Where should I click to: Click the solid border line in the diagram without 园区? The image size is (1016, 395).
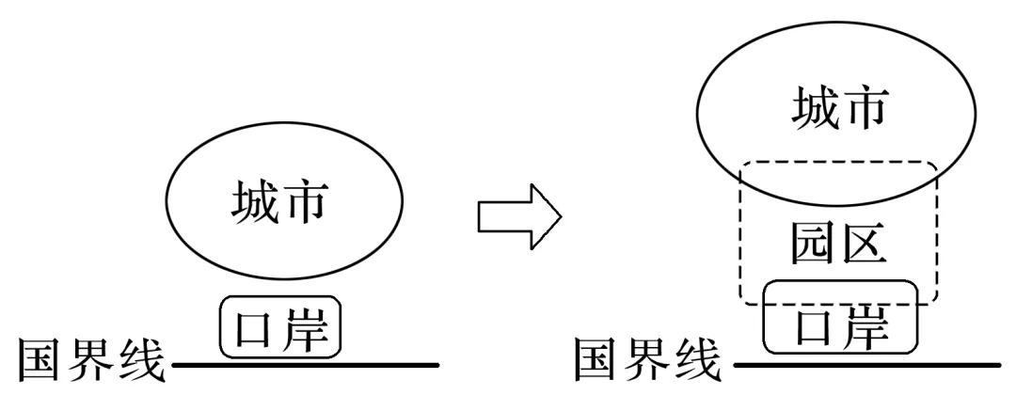[x=301, y=363]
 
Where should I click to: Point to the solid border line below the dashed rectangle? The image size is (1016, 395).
[x=865, y=363]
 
